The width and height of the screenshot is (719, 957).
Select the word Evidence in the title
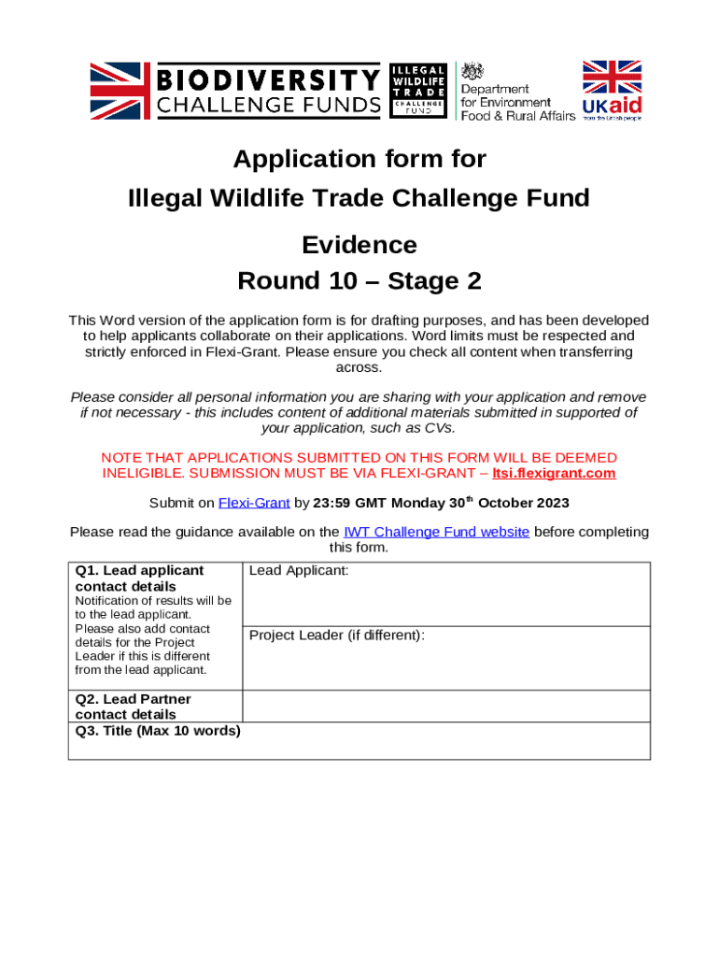coord(359,245)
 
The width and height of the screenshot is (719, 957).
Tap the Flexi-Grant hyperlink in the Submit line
coord(254,503)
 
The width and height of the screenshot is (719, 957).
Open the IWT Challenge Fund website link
coord(436,532)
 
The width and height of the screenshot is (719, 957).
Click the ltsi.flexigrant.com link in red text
coord(555,473)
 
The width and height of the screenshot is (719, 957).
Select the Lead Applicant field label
coord(299,570)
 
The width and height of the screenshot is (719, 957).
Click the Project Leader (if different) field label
coord(337,636)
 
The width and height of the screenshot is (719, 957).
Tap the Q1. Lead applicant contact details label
coord(139,578)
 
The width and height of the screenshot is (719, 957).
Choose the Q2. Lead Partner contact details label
coord(133,707)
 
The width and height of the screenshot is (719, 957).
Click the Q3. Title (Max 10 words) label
coord(158,730)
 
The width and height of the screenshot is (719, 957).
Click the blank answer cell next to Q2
coord(445,706)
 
